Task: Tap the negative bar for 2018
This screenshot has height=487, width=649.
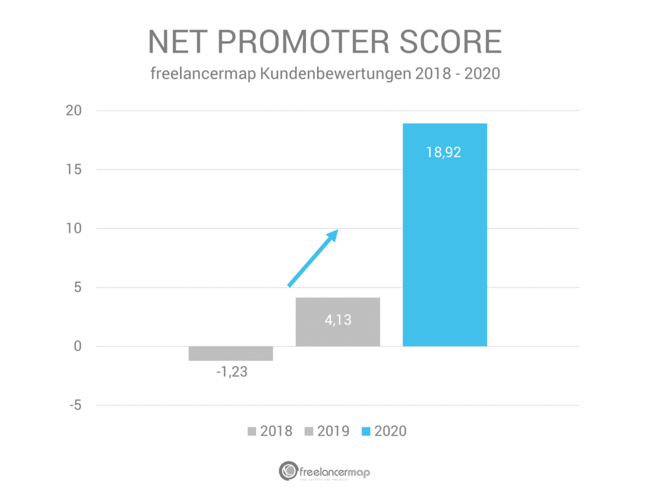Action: coord(231,353)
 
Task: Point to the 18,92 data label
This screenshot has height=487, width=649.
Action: coord(445,153)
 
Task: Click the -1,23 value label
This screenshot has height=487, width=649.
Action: coord(231,372)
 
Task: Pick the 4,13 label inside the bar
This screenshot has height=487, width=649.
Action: coord(338,320)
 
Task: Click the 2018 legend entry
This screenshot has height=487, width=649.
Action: coord(269,431)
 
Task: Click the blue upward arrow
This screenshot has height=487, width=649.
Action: coord(313,258)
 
